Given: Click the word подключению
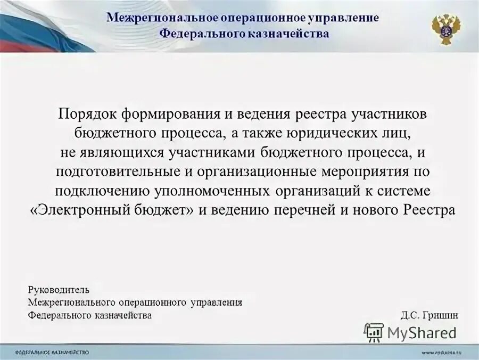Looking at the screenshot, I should click(102, 191).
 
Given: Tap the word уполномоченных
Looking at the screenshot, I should click(213, 191).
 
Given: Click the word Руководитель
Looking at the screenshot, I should click(59, 290).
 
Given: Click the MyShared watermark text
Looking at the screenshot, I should click(422, 333).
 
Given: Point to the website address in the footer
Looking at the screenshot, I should click(443, 353).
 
